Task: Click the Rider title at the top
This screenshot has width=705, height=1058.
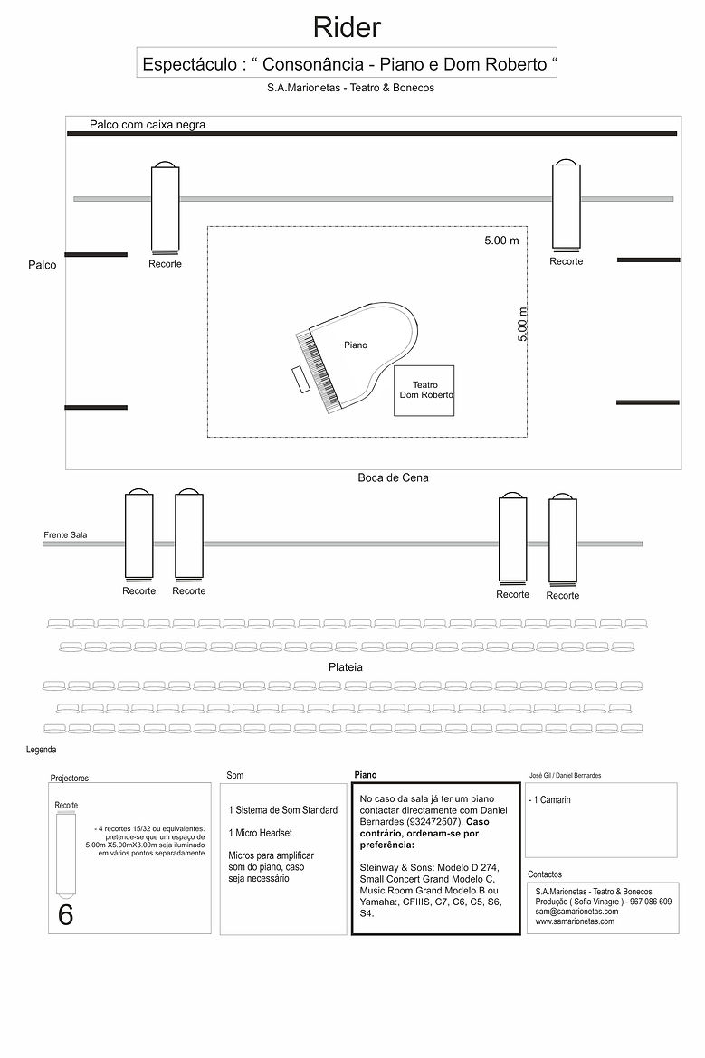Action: pyautogui.click(x=347, y=27)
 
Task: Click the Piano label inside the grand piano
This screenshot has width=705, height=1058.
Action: pyautogui.click(x=356, y=345)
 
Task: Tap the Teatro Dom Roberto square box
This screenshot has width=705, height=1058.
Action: pyautogui.click(x=424, y=391)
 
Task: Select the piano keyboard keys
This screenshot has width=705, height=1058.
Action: pyautogui.click(x=318, y=371)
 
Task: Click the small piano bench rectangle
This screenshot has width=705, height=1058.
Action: pyautogui.click(x=298, y=380)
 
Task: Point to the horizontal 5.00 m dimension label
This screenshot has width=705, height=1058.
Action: pyautogui.click(x=501, y=241)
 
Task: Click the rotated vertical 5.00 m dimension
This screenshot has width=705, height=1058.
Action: pyautogui.click(x=523, y=324)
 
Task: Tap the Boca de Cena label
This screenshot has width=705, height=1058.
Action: pyautogui.click(x=393, y=477)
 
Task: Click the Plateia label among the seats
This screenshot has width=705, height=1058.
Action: pyautogui.click(x=347, y=666)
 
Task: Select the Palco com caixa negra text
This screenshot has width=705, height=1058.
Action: pyautogui.click(x=148, y=125)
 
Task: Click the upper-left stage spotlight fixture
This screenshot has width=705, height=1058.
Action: pyautogui.click(x=165, y=207)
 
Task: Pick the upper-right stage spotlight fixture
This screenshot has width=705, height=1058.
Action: pyautogui.click(x=567, y=205)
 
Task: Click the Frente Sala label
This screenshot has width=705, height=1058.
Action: pyautogui.click(x=66, y=535)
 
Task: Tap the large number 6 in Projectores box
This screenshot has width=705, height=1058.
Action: pyautogui.click(x=65, y=914)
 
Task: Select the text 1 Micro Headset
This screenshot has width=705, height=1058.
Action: pyautogui.click(x=260, y=833)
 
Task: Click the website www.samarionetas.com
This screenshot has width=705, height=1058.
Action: pyautogui.click(x=575, y=921)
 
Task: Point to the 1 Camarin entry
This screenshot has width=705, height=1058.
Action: pyautogui.click(x=550, y=800)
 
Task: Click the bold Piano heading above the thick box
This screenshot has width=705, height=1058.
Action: pyautogui.click(x=366, y=775)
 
